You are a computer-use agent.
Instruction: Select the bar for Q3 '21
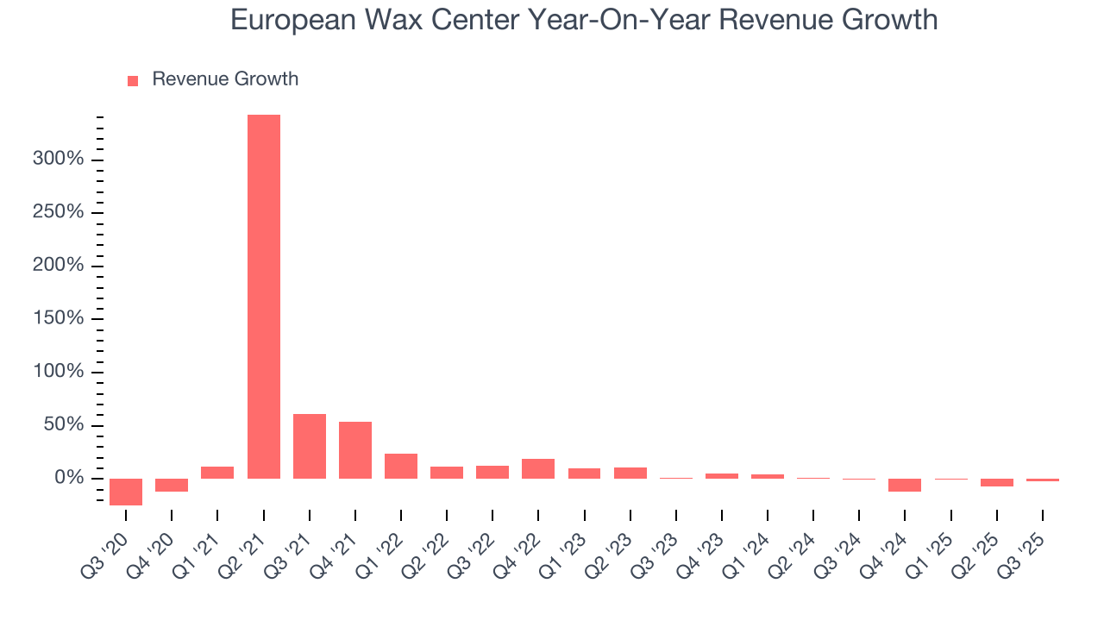point(310,446)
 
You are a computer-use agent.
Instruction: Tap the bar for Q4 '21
point(355,449)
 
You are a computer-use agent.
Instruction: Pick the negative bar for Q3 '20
point(126,492)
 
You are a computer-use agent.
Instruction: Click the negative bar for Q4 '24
point(905,485)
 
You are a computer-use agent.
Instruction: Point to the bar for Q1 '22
point(401,466)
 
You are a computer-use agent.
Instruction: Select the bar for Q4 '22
point(538,468)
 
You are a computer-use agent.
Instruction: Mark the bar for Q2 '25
point(997,482)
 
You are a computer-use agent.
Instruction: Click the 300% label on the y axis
point(59,160)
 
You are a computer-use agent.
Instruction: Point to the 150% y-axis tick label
point(59,319)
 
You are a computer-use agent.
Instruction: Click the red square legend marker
point(133,80)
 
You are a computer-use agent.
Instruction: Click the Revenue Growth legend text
point(225,79)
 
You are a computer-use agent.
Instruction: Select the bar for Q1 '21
point(217,472)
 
